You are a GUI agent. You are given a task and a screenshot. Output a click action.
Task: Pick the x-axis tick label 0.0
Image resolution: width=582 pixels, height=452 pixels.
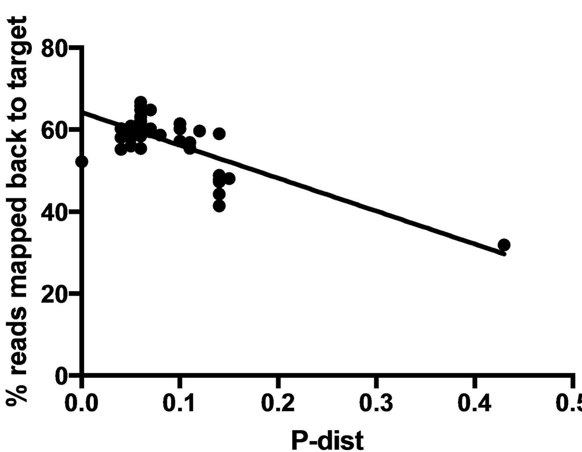[81, 404]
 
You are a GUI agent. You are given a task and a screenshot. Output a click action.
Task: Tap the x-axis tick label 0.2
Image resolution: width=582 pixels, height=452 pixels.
[277, 404]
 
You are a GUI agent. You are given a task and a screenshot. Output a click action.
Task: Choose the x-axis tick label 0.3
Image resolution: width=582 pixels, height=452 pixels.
[376, 404]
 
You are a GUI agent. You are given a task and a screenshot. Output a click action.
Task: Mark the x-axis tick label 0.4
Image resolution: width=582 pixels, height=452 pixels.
[474, 404]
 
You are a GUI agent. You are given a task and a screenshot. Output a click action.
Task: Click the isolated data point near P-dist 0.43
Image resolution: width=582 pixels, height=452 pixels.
[504, 245]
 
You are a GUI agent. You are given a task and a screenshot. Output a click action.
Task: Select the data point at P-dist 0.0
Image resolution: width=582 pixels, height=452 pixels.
[81, 162]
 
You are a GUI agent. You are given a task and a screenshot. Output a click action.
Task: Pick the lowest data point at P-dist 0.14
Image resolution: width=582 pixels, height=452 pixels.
[219, 206]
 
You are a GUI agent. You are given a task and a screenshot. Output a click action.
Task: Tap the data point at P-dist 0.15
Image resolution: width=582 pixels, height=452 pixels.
[230, 179]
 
